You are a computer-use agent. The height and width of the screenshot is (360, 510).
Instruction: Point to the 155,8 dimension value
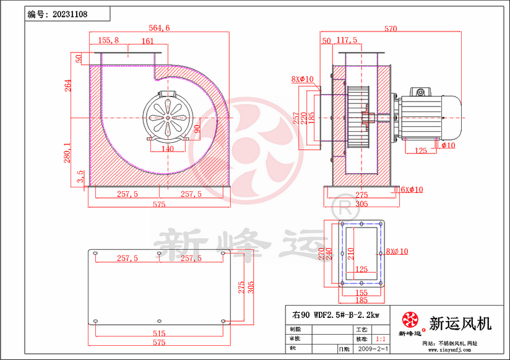click(108, 40)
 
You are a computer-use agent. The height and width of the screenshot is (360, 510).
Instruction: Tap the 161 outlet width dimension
click(147, 41)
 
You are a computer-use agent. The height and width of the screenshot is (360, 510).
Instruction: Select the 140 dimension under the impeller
click(168, 149)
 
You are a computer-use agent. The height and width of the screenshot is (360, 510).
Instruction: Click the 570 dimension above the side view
click(391, 28)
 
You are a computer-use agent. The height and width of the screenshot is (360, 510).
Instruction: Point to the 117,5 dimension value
click(347, 40)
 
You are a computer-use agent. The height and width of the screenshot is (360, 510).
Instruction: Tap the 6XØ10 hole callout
click(412, 189)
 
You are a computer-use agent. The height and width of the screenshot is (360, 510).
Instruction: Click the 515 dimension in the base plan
click(159, 333)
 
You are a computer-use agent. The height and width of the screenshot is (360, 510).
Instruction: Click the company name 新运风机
click(460, 322)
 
